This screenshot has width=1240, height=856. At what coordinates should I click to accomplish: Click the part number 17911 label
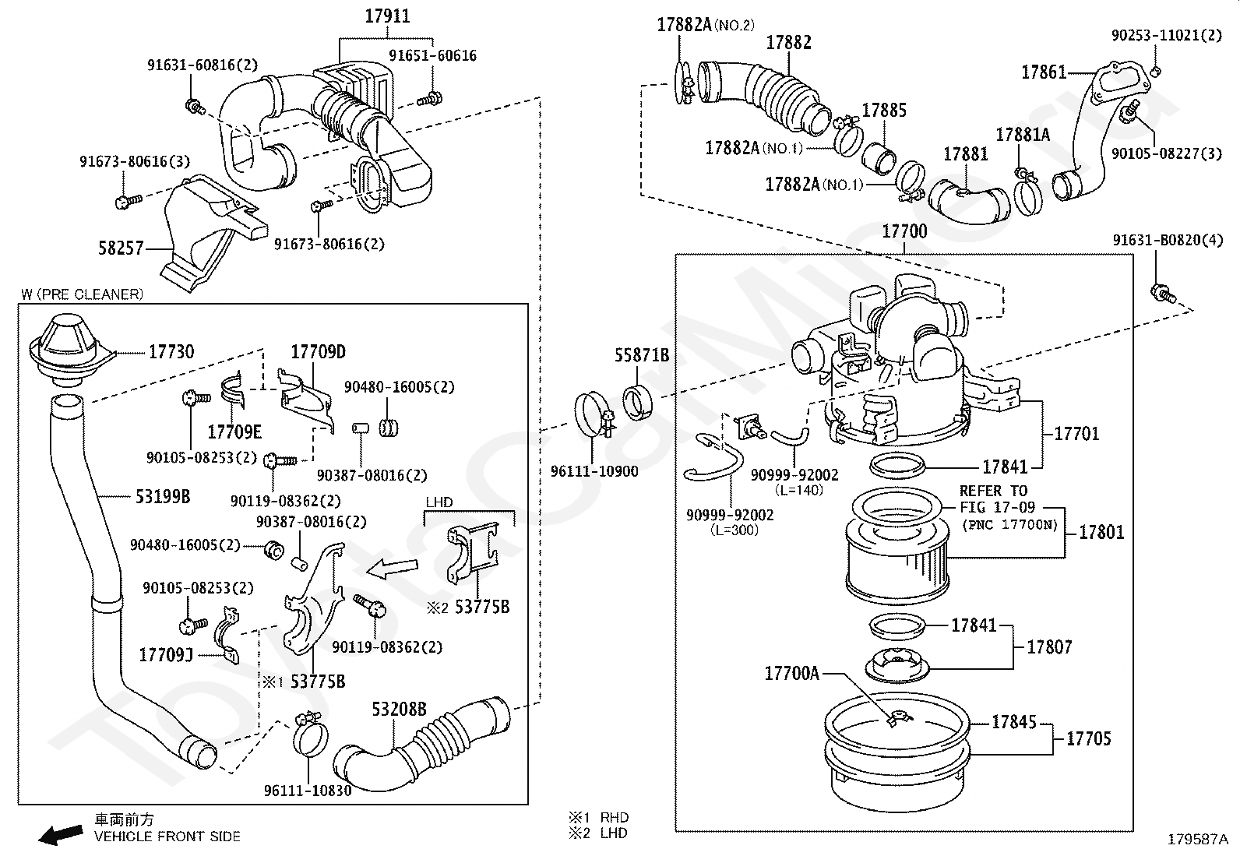tap(388, 16)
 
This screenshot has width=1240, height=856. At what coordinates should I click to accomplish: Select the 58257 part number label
tap(121, 248)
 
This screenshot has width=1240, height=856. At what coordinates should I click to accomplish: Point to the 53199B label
tap(163, 496)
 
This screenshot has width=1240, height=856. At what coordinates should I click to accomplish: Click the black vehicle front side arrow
tap(61, 834)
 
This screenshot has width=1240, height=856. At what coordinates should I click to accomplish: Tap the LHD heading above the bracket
tap(439, 502)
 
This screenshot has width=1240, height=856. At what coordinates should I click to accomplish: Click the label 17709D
tap(318, 352)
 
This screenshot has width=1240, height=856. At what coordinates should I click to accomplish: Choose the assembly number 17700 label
tap(904, 231)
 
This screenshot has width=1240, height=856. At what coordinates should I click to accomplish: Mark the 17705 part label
tap(1088, 738)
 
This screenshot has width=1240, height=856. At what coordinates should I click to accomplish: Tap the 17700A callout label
tap(791, 673)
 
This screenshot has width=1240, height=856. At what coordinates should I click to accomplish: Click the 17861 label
tap(1044, 72)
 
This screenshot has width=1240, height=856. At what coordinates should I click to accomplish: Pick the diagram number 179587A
tap(1196, 840)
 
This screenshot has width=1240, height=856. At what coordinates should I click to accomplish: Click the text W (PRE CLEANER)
tap(82, 294)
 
